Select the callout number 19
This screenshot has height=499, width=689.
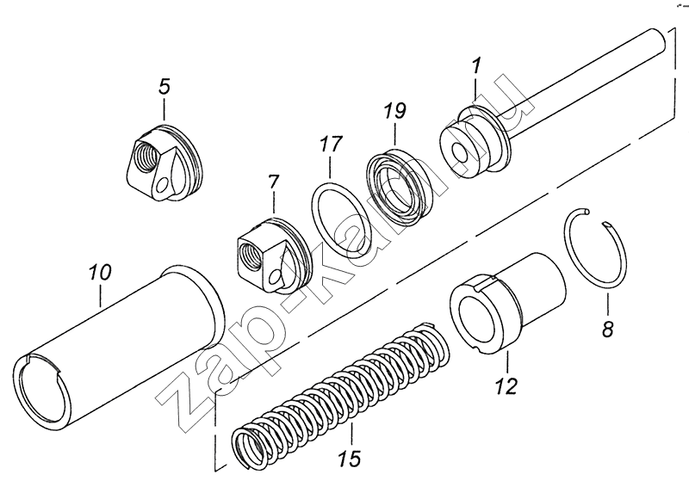click(393, 111)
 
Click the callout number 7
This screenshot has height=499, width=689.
click(273, 182)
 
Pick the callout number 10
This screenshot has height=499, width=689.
click(100, 274)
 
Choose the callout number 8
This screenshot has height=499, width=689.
click(607, 328)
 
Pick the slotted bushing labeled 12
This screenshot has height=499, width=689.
click(508, 301)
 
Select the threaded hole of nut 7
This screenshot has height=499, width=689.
click(249, 254)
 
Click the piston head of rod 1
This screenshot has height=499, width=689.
click(469, 146)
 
